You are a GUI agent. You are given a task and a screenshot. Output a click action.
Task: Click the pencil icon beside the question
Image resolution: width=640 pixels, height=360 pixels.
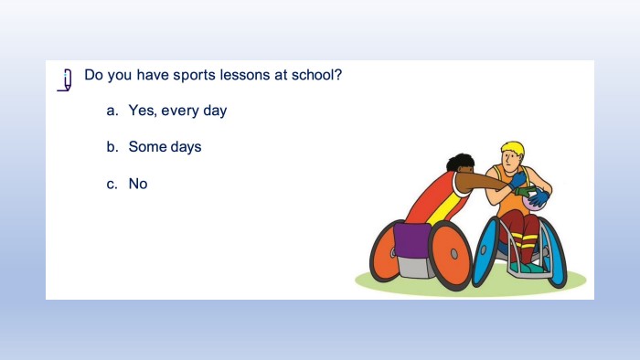(66, 79)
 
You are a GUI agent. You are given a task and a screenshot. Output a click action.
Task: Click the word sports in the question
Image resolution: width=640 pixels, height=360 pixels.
(194, 76)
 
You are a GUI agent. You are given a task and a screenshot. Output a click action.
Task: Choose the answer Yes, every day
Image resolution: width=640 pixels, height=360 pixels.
(177, 111)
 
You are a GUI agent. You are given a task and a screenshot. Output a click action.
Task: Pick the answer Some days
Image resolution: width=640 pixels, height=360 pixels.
(165, 147)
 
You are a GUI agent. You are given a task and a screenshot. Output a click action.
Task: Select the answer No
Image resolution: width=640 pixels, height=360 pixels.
(138, 184)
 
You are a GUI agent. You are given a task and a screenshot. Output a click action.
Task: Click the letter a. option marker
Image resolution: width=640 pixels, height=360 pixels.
(112, 111)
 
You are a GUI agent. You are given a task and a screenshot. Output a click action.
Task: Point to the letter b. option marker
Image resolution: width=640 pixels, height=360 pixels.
(112, 146)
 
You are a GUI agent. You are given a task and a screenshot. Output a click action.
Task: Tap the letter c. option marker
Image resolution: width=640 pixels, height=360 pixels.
(112, 185)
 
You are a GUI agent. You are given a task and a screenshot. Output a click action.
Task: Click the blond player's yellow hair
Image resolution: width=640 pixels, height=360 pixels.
(514, 148)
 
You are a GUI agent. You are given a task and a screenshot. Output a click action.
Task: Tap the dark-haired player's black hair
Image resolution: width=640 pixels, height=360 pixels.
(460, 162)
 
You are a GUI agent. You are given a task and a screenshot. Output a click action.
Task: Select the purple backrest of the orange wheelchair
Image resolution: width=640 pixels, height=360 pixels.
(411, 240)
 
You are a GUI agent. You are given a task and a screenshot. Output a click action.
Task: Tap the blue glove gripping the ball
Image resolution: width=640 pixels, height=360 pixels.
(539, 197)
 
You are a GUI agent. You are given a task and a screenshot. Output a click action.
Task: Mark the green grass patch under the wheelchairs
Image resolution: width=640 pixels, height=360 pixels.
(470, 281)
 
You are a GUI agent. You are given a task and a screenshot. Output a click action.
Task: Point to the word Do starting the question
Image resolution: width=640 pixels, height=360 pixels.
(94, 75)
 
